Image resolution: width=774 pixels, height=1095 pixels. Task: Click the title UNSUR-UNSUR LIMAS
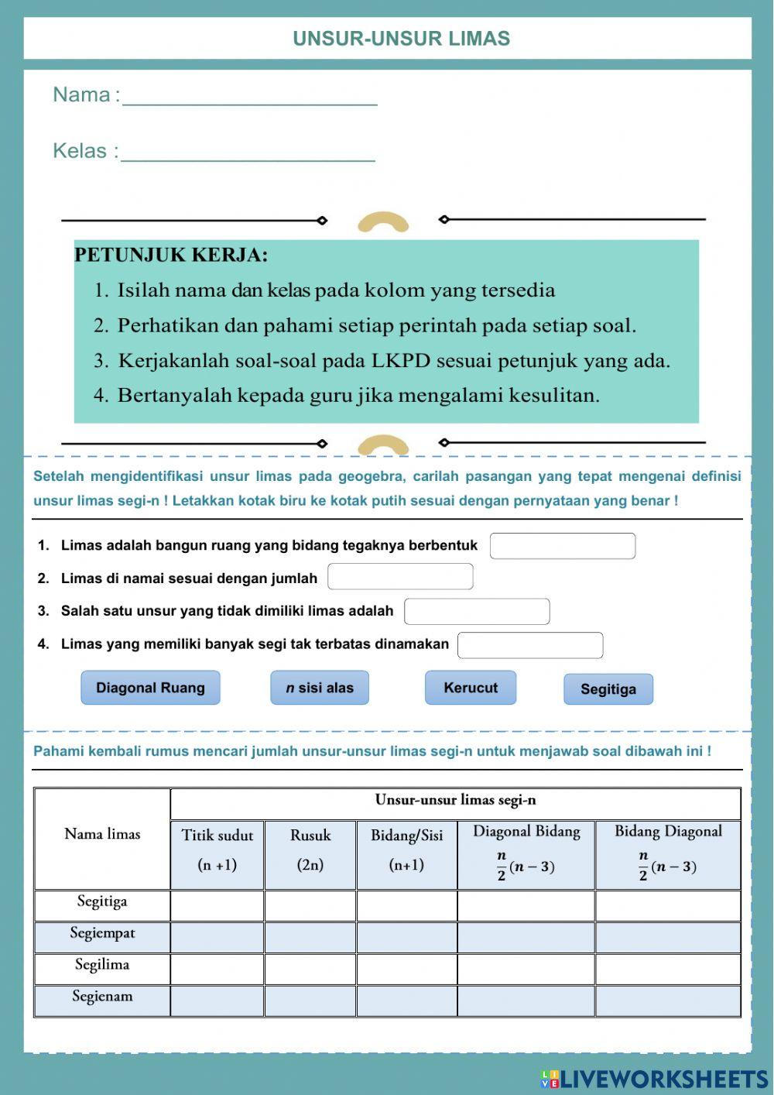pos(401,39)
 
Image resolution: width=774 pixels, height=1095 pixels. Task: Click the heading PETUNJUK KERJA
pos(171,255)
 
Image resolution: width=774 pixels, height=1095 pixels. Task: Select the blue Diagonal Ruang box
pos(150,688)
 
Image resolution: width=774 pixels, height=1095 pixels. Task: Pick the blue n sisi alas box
pos(320,688)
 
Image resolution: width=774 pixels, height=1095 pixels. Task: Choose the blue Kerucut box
pos(471,688)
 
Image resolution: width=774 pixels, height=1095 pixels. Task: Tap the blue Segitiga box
pos(608,689)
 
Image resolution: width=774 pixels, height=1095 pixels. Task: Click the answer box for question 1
pos(563,546)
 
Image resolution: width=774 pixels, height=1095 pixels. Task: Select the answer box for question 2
pos(400,577)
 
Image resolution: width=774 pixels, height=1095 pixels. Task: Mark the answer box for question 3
pos(477,612)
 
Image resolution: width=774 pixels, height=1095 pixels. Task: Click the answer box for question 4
pos(530,645)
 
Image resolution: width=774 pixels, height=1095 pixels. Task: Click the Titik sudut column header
pos(217,850)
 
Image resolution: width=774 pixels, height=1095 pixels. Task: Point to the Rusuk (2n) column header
pos(310,850)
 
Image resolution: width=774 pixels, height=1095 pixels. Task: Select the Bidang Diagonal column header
pos(668,850)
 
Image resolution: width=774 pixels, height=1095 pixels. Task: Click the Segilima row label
pos(102,965)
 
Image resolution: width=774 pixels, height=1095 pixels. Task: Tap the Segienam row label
pos(102,997)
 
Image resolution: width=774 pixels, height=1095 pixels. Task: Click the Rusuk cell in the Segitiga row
pos(310,905)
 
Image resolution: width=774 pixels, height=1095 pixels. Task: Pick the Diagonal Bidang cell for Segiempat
pos(526,937)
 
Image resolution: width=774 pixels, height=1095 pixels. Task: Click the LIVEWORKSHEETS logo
pos(654,1079)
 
